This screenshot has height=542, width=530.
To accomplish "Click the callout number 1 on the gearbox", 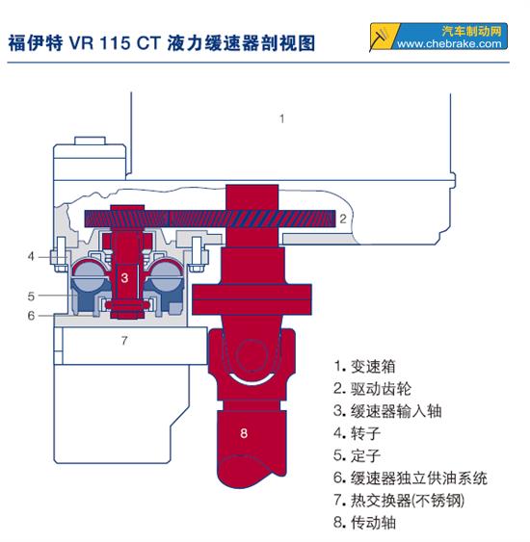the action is [282, 119].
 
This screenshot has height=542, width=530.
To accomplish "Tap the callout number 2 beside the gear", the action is [342, 219].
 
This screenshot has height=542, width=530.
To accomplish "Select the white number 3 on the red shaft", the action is [124, 277].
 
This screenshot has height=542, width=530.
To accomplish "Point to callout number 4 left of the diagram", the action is [31, 256].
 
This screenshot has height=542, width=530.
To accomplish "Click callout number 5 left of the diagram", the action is [31, 297].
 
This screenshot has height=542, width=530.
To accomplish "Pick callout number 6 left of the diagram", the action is [31, 316].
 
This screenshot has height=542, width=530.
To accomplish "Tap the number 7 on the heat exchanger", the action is [124, 341].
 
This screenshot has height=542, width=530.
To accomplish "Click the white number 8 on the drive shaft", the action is [244, 433].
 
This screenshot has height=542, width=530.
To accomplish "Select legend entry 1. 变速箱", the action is [364, 367].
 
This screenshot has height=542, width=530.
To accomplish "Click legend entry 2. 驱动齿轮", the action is [372, 389].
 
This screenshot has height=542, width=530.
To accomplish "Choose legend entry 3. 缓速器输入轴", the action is [387, 411].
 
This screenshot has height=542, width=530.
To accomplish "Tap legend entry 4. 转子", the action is [357, 433].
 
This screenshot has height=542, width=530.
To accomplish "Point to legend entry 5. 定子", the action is [357, 455].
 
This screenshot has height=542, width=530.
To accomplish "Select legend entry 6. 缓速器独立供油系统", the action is [411, 477].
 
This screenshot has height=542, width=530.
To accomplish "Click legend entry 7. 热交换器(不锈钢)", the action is [399, 500].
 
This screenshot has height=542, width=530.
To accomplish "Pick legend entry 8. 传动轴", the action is [364, 522].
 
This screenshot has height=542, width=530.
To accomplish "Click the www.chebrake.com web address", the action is [449, 44].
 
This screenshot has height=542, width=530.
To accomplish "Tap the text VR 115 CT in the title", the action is [115, 43].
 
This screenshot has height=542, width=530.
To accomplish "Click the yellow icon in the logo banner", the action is [384, 36].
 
